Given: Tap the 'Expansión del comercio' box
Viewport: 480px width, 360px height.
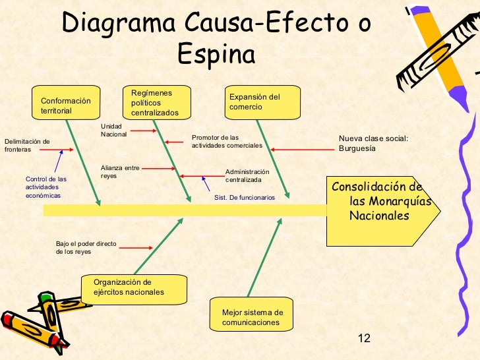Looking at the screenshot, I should pyautogui.click(x=262, y=102).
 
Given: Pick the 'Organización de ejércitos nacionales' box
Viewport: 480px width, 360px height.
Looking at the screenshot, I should pyautogui.click(x=134, y=287).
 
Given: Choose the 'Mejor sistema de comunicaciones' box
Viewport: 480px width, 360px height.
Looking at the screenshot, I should pyautogui.click(x=252, y=316).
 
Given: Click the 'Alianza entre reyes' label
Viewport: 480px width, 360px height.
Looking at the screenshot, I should pyautogui.click(x=120, y=172).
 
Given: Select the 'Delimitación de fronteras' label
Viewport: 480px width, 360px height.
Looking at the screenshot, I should pyautogui.click(x=27, y=145).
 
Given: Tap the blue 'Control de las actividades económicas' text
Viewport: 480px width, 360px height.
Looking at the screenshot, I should pyautogui.click(x=46, y=187).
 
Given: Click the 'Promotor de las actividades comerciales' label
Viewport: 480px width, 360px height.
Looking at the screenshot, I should pyautogui.click(x=227, y=141).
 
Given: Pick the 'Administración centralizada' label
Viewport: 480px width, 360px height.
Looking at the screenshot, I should pyautogui.click(x=247, y=175).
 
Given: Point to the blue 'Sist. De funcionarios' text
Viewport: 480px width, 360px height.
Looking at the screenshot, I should pyautogui.click(x=245, y=197).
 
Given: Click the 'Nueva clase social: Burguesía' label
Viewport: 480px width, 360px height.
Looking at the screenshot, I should pyautogui.click(x=373, y=143).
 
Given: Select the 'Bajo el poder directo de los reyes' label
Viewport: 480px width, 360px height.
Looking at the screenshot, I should pyautogui.click(x=86, y=247).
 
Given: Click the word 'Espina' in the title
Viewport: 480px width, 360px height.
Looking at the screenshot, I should pyautogui.click(x=216, y=55).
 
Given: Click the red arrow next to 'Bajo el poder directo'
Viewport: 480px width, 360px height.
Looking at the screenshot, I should pyautogui.click(x=137, y=248).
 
